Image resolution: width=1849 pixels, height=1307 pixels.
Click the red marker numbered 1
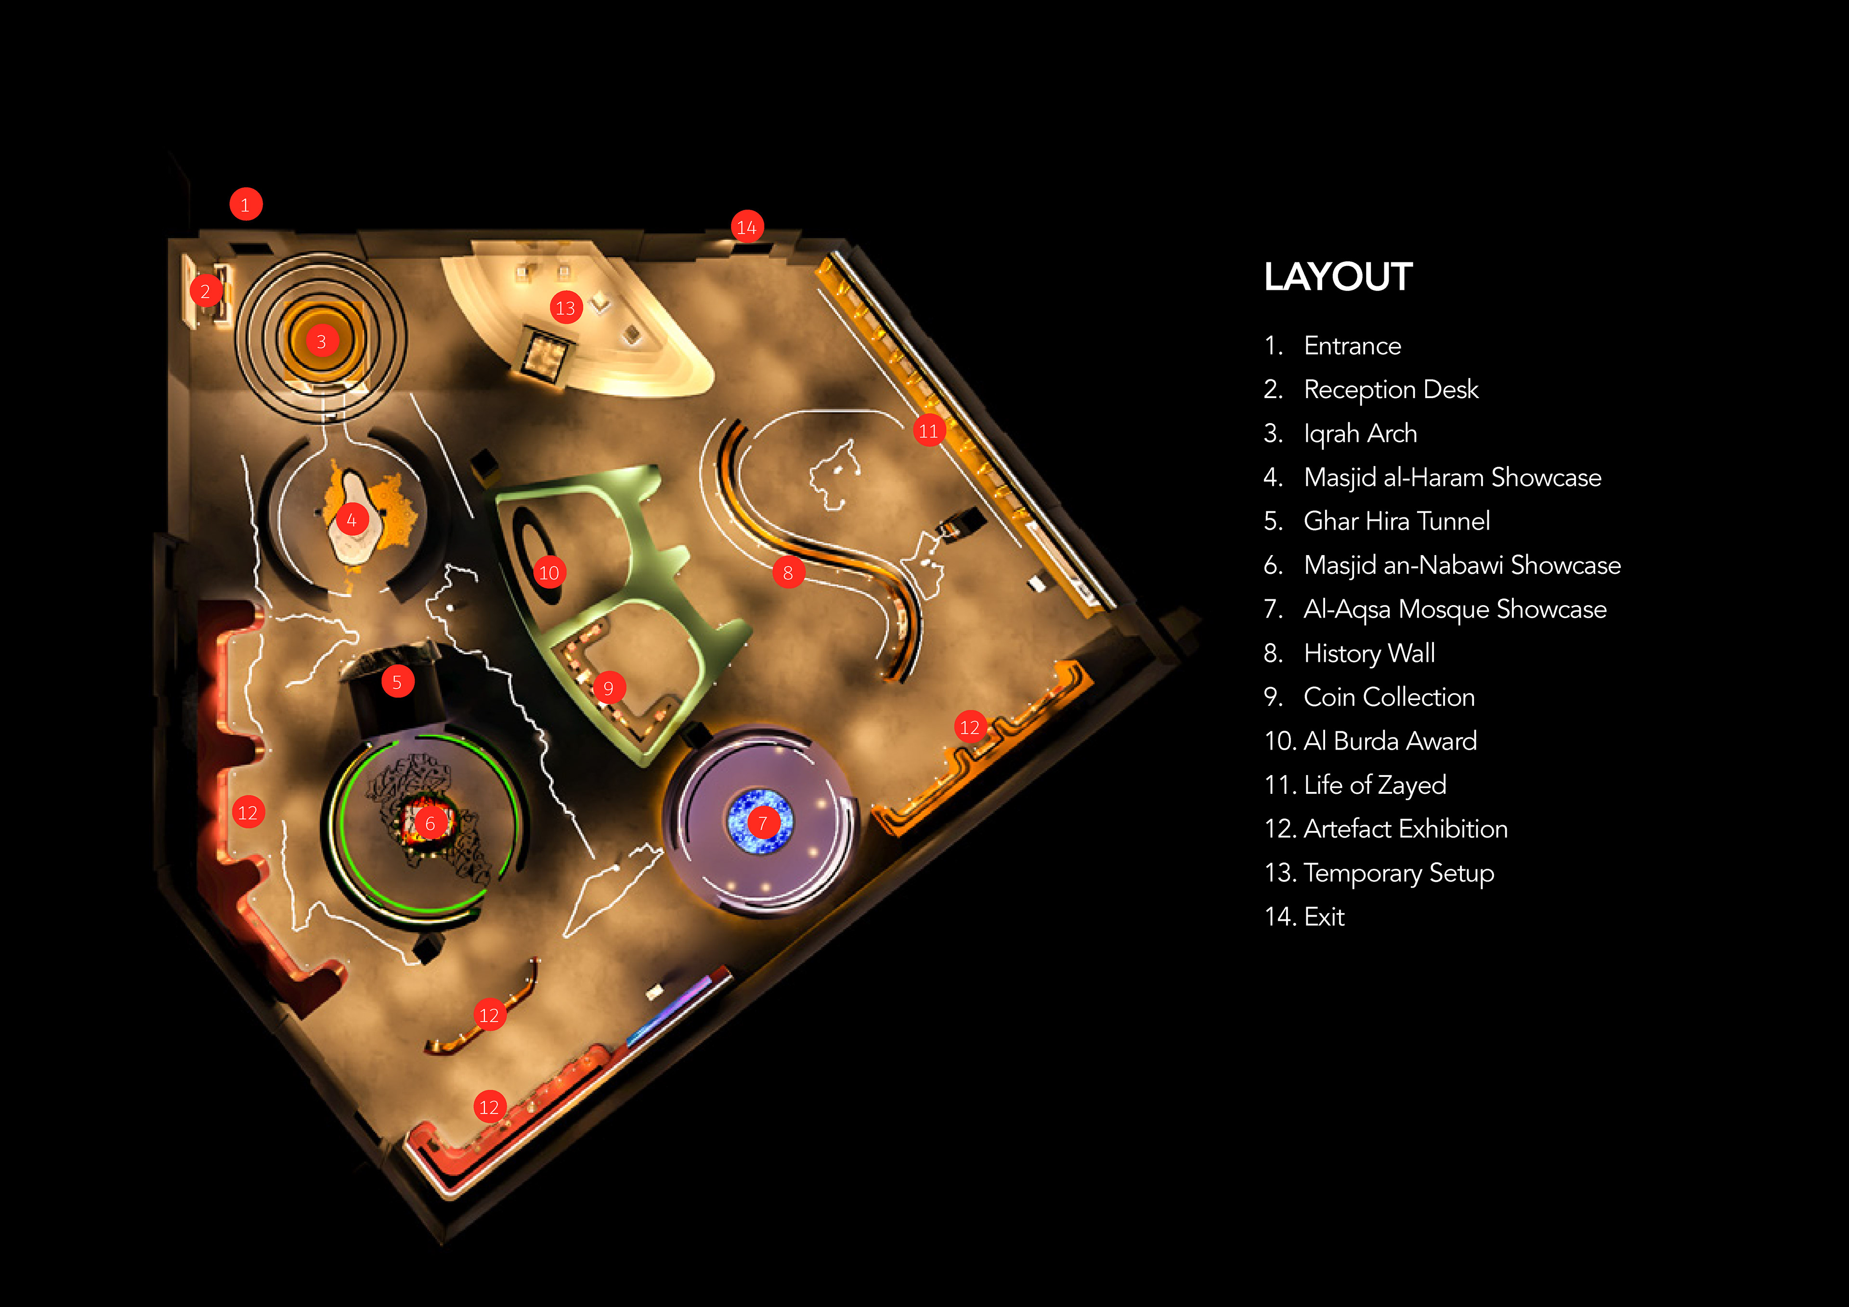coord(246,205)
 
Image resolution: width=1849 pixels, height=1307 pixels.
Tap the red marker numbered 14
coord(746,227)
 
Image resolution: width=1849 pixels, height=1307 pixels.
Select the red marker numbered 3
coord(321,341)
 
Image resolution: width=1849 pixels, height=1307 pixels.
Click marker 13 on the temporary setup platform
coord(566,308)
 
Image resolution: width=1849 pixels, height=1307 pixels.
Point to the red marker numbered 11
coord(928,431)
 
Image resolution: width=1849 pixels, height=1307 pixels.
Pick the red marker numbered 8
coord(788,572)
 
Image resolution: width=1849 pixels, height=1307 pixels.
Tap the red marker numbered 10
coord(549,572)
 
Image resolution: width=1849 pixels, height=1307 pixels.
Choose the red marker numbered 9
coord(609,688)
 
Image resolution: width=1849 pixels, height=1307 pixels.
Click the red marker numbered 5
coord(397,682)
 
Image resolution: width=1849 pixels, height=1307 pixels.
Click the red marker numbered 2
coord(205,292)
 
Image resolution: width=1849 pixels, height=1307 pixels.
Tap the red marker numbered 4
coord(351,520)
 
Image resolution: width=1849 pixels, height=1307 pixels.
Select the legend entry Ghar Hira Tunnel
coord(1396,521)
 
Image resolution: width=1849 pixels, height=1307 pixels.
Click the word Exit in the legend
coord(1324,917)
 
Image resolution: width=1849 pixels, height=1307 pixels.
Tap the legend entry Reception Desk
coord(1391,390)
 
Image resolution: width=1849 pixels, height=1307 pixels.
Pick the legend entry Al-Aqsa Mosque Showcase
coord(1454,609)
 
